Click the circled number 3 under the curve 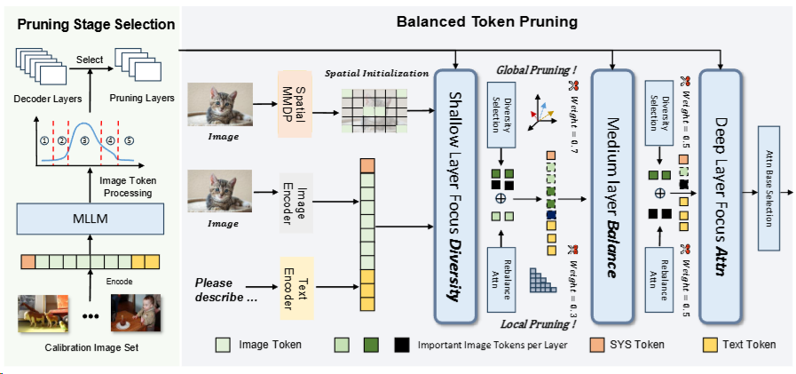tap(85, 141)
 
